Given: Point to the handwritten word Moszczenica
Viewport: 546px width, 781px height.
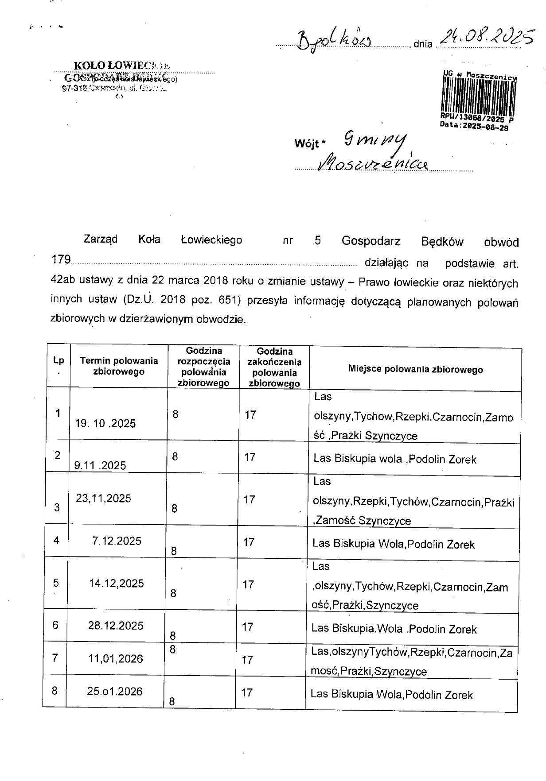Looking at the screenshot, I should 374,163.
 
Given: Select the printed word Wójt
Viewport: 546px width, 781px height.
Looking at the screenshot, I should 308,144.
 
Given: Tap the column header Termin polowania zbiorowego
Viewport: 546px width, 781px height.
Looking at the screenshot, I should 119,366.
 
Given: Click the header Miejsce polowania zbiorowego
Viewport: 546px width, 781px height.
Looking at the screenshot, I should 415,369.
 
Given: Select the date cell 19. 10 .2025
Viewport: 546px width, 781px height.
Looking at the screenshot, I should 105,424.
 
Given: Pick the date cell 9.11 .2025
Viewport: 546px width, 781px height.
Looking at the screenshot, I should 100,465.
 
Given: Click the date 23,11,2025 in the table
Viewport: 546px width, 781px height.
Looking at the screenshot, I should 104,499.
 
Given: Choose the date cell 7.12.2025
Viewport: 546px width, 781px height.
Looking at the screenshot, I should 117,541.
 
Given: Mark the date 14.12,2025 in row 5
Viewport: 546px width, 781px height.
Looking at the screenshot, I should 116,584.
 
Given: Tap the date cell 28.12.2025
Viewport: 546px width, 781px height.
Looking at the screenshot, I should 116,626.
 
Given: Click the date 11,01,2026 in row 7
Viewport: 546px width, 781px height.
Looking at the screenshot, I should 116,659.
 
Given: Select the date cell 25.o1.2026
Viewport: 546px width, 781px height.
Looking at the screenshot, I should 115,692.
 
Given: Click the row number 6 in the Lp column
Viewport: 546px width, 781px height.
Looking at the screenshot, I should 55,625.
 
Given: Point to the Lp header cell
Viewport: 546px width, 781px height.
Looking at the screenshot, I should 58,365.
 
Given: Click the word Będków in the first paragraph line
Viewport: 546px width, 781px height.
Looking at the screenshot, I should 442,242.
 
